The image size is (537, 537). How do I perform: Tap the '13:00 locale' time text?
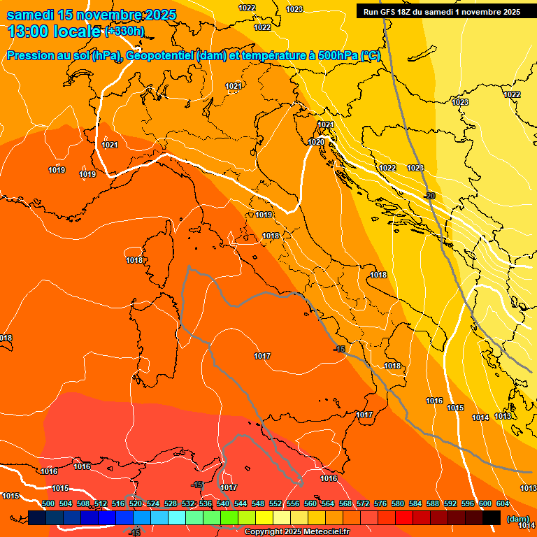pyautogui.click(x=55, y=31)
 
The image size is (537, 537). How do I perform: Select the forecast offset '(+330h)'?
pyautogui.click(x=124, y=31)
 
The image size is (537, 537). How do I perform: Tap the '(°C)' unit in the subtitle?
pyautogui.click(x=371, y=56)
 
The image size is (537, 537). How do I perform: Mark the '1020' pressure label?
pyautogui.click(x=316, y=142)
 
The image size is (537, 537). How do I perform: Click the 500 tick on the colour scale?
pyautogui.click(x=48, y=503)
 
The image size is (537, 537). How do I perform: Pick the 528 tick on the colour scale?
pyautogui.click(x=171, y=503)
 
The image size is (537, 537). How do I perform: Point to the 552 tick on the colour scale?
pyautogui.click(x=275, y=503)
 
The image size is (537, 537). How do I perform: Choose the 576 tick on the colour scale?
pyautogui.click(x=380, y=503)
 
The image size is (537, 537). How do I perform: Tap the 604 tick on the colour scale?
pyautogui.click(x=503, y=503)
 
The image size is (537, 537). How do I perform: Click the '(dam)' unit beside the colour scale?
pyautogui.click(x=517, y=519)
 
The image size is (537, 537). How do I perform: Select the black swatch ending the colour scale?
pyautogui.click(x=492, y=517)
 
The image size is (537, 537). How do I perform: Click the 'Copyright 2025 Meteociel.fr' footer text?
pyautogui.click(x=296, y=531)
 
